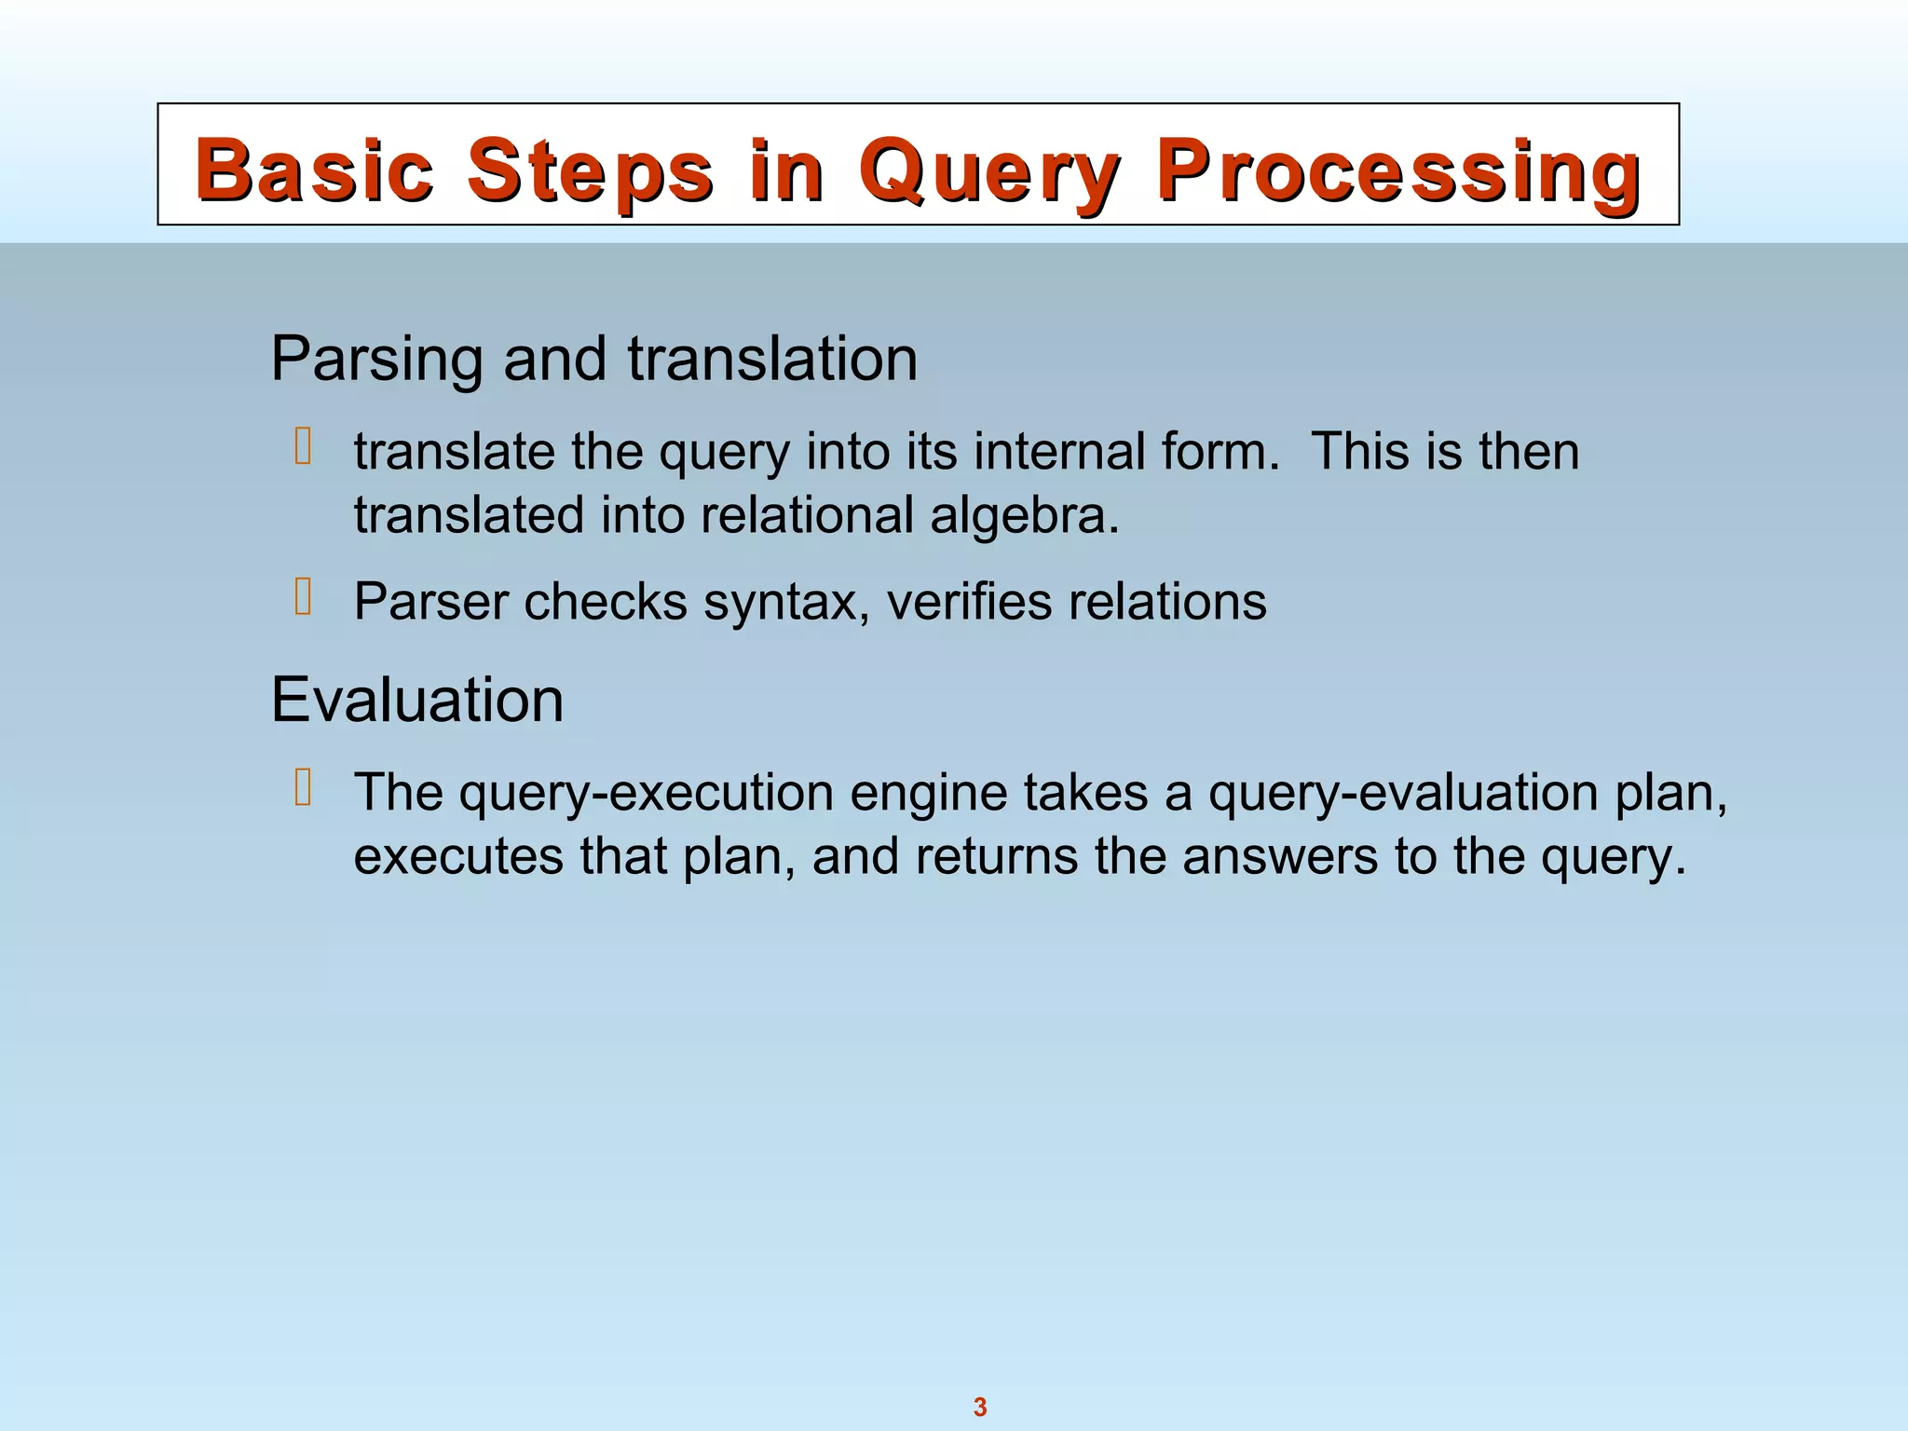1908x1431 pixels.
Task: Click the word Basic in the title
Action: tap(315, 170)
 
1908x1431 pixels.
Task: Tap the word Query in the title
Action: tap(989, 170)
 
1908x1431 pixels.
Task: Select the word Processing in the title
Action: tap(1398, 170)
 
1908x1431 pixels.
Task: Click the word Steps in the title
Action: tap(590, 170)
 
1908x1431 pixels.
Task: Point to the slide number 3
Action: tap(980, 1407)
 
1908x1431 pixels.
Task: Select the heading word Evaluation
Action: tap(417, 700)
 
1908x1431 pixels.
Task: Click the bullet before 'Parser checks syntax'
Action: tap(303, 596)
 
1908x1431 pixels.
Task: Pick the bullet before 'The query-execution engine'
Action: tap(303, 787)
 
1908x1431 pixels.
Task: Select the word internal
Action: tap(1059, 452)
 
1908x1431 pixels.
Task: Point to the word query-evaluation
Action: tap(1403, 793)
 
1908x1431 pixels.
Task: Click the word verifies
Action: tap(970, 602)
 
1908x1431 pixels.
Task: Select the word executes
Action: tap(458, 856)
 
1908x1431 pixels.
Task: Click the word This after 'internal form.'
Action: tap(1359, 452)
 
